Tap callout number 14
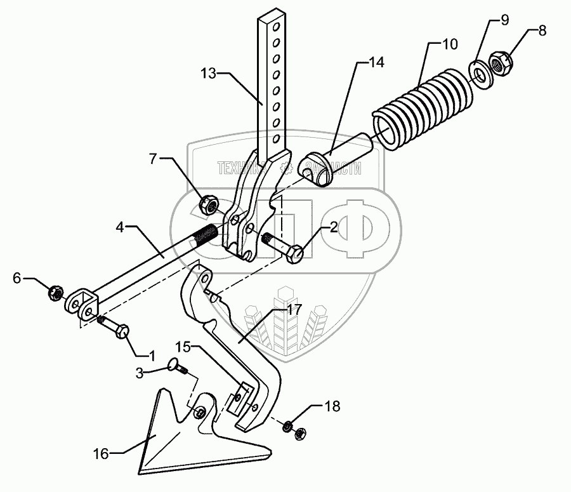point(376,62)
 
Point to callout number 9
point(504,20)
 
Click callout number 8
point(542,29)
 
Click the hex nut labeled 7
point(209,204)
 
